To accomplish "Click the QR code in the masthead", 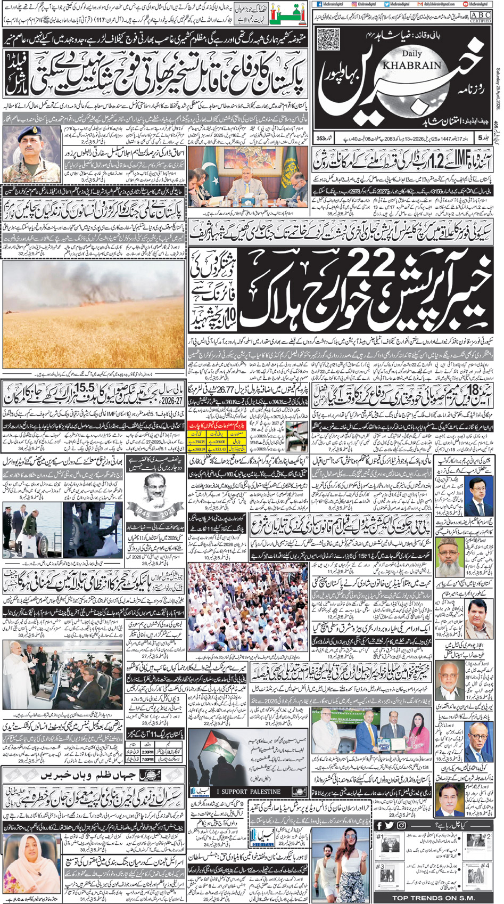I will tap(328, 39).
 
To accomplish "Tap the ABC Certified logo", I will tap(480, 18).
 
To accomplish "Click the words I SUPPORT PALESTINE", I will tap(251, 791).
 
